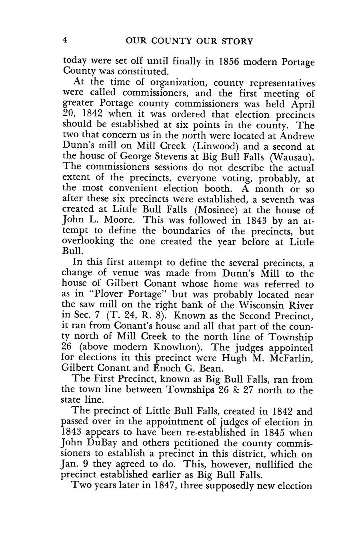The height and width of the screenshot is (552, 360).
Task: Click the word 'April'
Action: pos(301,104)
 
